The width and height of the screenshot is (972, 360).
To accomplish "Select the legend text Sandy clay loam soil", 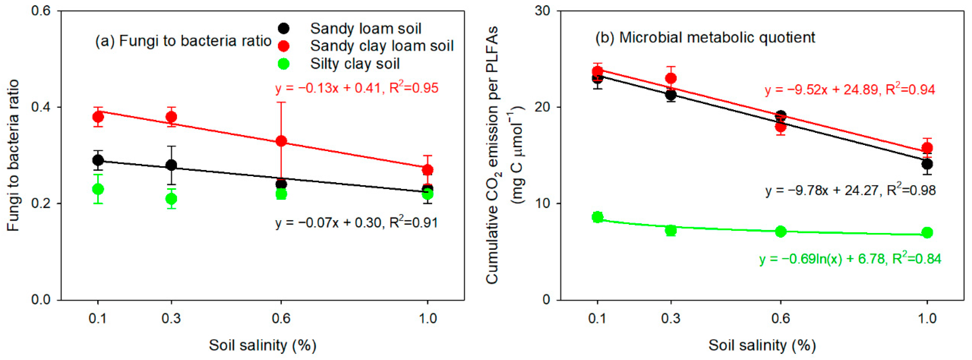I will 381,46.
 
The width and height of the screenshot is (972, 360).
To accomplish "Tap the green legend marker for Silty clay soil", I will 283,64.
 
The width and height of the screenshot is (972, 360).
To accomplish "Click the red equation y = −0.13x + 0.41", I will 357,88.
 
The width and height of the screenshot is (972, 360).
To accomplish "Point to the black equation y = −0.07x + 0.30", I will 356,223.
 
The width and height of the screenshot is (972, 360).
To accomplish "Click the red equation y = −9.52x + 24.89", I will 850,90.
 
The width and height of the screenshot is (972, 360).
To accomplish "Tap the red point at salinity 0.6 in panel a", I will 281,141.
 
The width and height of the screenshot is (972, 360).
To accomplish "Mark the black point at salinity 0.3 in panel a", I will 171,165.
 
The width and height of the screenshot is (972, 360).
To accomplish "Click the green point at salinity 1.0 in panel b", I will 927,232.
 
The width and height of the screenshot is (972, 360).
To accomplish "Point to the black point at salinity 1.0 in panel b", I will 927,164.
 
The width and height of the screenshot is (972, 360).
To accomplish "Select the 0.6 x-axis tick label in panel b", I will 780,318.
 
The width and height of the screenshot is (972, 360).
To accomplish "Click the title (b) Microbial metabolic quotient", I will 705,38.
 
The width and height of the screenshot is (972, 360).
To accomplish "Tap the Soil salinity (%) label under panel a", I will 263,345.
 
